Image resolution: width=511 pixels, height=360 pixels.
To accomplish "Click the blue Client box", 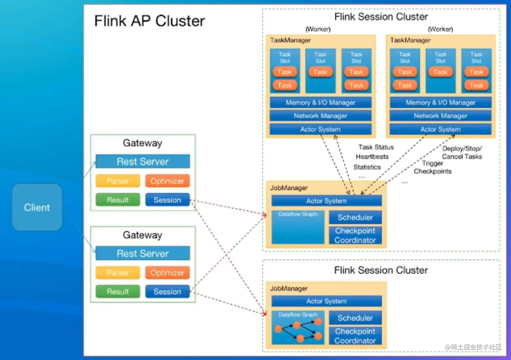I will pyautogui.click(x=37, y=207).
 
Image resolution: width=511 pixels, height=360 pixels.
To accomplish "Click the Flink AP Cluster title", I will pyautogui.click(x=149, y=21).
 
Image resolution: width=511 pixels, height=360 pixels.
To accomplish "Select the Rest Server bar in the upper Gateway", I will pyautogui.click(x=143, y=162).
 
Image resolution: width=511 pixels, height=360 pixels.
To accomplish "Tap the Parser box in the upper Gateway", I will pyautogui.click(x=118, y=181).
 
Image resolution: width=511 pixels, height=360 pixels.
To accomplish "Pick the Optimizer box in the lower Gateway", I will pyautogui.click(x=167, y=273).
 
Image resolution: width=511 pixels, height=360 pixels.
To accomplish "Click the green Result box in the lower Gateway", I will pyautogui.click(x=118, y=291).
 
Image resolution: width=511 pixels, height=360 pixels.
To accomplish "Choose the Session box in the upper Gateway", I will pyautogui.click(x=167, y=200).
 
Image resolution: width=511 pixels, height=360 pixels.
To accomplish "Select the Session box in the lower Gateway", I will pyautogui.click(x=167, y=291).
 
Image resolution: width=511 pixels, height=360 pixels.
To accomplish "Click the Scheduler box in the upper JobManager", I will pyautogui.click(x=355, y=217).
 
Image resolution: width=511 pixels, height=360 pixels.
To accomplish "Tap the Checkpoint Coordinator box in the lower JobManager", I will pyautogui.click(x=355, y=336).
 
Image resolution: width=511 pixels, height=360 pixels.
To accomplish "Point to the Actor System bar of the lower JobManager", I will pyautogui.click(x=326, y=301).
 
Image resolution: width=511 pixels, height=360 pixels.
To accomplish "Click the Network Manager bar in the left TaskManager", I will pyautogui.click(x=320, y=116).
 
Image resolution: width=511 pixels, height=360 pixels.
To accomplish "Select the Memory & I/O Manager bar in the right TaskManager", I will pyautogui.click(x=440, y=103).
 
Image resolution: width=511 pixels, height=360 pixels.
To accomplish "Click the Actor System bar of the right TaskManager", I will pyautogui.click(x=440, y=129).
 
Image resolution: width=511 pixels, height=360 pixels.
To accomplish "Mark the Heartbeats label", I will pyautogui.click(x=372, y=157).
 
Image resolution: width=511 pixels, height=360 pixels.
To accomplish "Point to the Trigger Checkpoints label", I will pyautogui.click(x=432, y=167).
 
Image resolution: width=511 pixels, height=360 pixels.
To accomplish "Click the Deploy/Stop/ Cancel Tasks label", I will pyautogui.click(x=462, y=152).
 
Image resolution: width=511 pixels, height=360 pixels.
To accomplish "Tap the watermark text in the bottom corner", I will pyautogui.click(x=473, y=347).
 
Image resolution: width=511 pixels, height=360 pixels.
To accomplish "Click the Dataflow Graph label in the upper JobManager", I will pyautogui.click(x=298, y=214).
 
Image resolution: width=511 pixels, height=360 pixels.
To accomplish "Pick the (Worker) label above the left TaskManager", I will pyautogui.click(x=318, y=29).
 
